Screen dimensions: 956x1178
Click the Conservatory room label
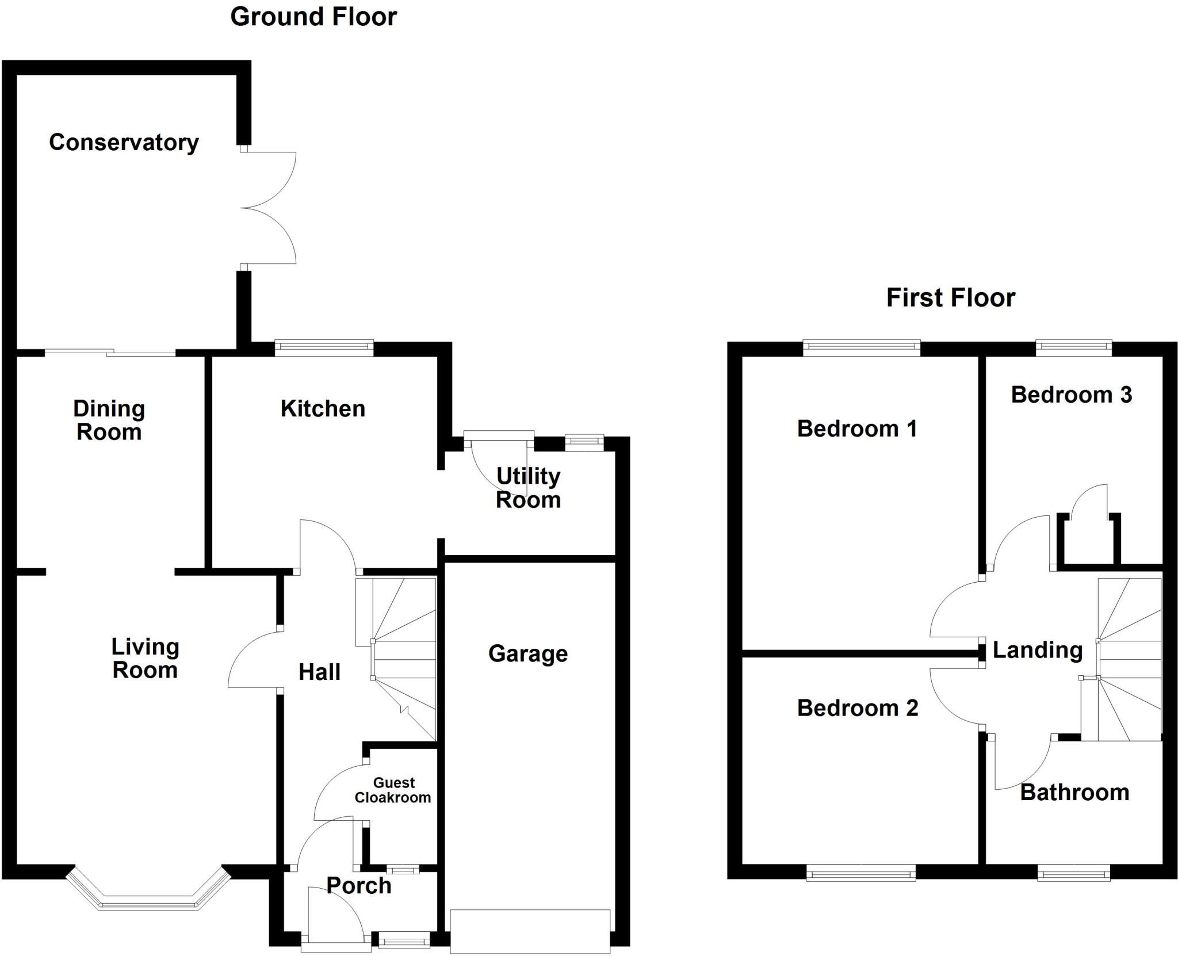point(124,142)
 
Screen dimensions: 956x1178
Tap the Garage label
point(528,653)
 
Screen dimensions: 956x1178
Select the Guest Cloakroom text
point(393,790)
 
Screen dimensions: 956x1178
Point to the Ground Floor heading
point(313,17)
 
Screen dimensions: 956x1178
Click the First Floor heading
point(950,297)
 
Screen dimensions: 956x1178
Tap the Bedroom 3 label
point(1071,395)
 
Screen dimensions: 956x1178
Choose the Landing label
point(1038,650)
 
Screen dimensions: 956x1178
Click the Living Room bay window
point(148,901)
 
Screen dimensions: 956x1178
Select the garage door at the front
point(530,931)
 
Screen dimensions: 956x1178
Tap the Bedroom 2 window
point(860,875)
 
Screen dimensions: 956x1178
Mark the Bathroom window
point(1074,875)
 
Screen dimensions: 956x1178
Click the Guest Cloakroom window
point(402,870)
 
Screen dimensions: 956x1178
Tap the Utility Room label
point(528,488)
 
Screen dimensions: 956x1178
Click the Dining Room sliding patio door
point(110,352)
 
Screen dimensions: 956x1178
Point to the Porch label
point(359,886)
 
